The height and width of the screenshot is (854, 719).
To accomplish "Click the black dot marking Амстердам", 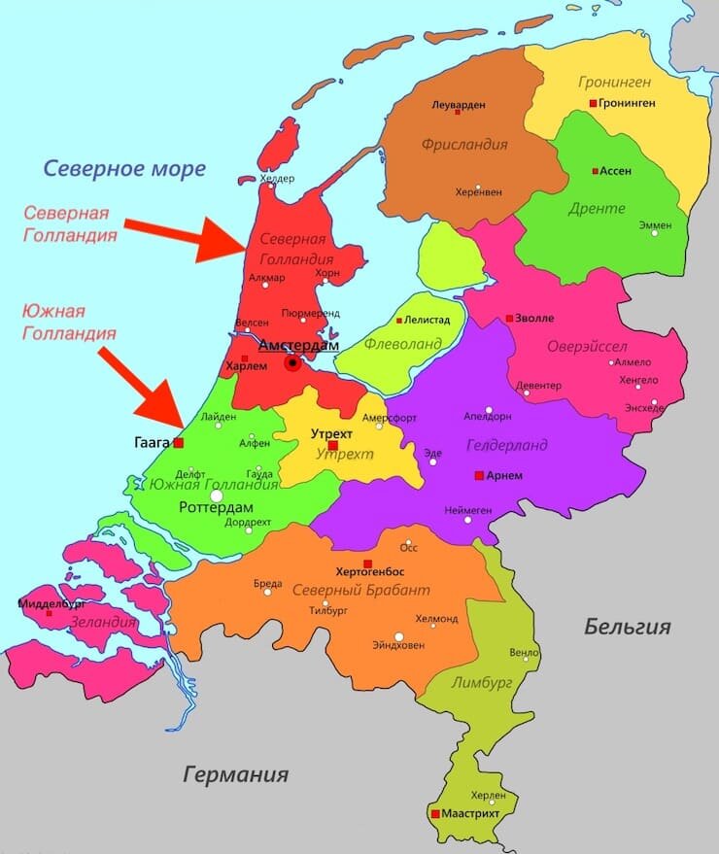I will click(291, 363).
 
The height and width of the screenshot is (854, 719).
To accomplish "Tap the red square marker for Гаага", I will click(178, 443).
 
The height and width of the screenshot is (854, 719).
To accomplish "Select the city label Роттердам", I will click(216, 508).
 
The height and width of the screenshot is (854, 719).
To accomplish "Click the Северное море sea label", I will click(124, 168).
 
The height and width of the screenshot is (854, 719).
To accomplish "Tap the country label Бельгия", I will click(627, 627).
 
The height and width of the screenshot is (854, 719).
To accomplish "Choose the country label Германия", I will click(236, 774).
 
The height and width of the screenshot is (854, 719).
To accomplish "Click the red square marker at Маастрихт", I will click(435, 813).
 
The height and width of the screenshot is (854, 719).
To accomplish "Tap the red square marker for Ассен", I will click(595, 171).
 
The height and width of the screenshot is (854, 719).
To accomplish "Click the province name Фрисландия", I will click(464, 145).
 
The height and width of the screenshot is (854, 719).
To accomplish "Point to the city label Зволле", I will click(535, 318).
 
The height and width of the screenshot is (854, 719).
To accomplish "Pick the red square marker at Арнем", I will click(478, 475).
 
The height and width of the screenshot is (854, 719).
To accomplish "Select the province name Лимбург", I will click(480, 682).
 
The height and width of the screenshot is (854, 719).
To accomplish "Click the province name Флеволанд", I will click(402, 343).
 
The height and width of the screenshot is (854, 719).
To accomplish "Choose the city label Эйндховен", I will click(398, 644).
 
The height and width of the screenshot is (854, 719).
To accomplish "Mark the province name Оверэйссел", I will click(587, 347).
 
